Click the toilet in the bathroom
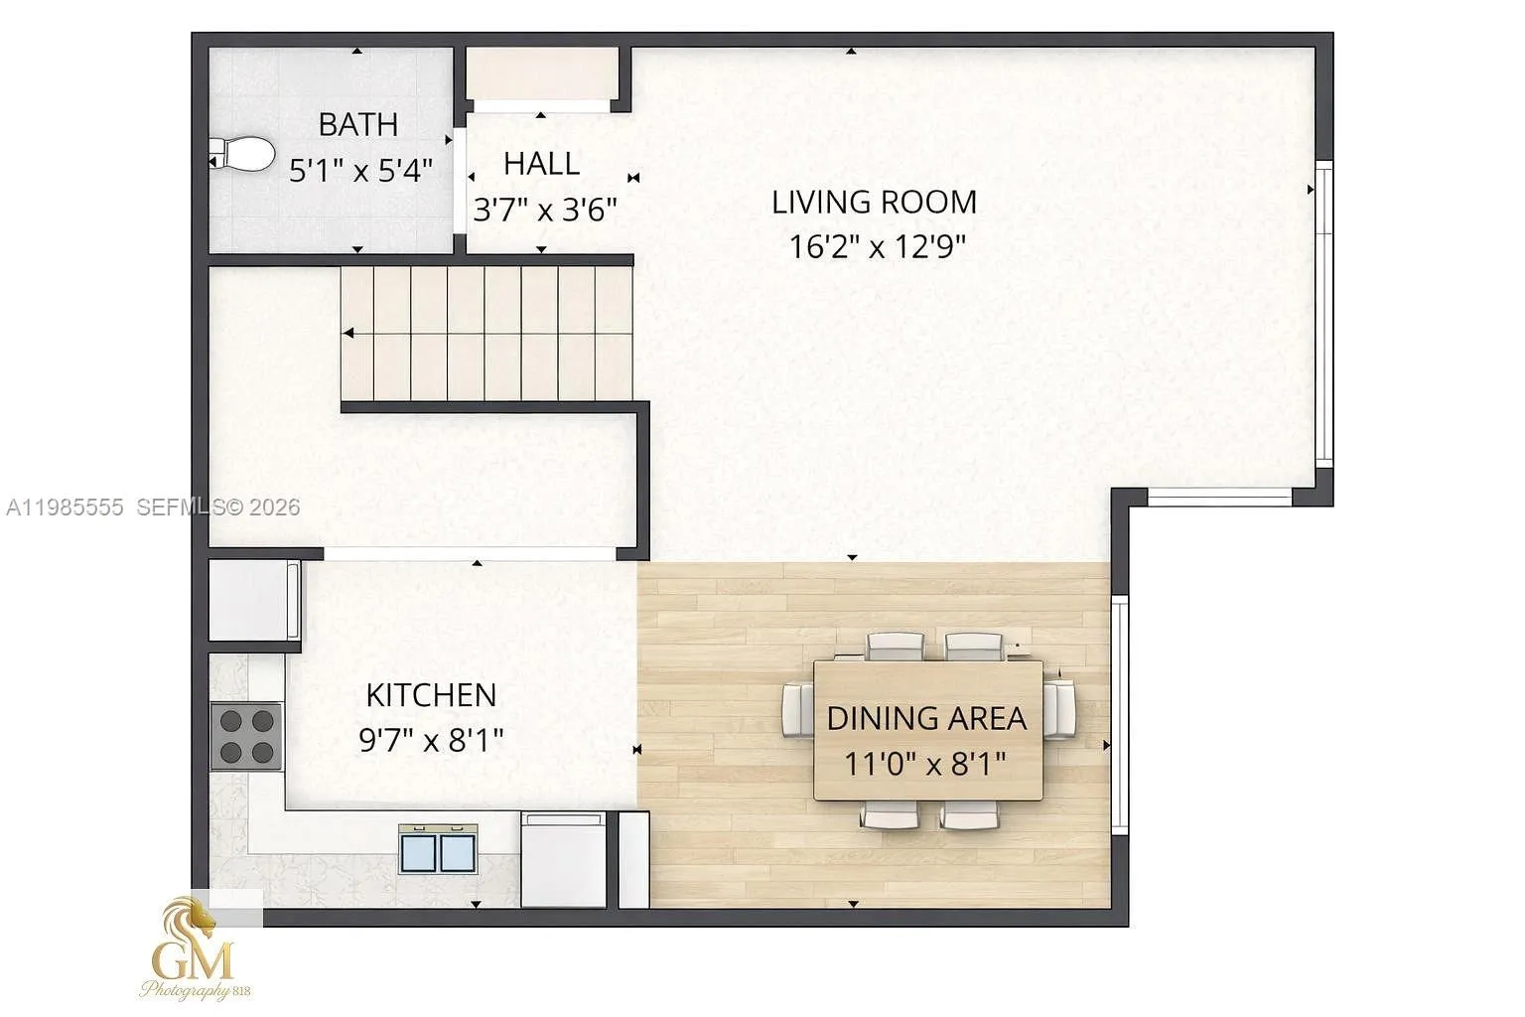point(243,154)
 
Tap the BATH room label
point(358,125)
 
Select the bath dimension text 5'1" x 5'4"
point(360,171)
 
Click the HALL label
point(541,164)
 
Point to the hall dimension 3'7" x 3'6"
point(545,210)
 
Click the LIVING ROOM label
point(874,203)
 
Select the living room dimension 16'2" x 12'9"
point(877,246)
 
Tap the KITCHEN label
point(431,695)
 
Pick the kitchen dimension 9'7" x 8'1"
point(431,740)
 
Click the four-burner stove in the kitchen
point(246,736)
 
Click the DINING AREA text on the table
point(926,718)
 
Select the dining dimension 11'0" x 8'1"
point(925,764)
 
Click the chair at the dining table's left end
point(797,709)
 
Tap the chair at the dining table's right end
point(1060,709)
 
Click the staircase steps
point(486,333)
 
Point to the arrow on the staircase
point(349,334)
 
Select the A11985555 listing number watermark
point(66,508)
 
